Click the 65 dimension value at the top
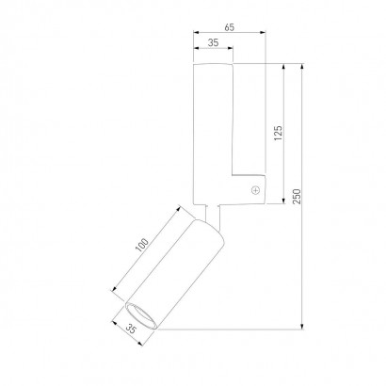(x=230, y=27)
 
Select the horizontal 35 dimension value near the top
(x=214, y=42)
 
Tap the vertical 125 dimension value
(x=278, y=133)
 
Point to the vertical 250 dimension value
(x=297, y=197)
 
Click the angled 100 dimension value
(x=142, y=245)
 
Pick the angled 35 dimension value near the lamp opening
(x=131, y=330)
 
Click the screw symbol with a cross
(x=256, y=190)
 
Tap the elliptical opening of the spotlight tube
(x=141, y=316)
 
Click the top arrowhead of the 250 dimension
(x=302, y=66)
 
